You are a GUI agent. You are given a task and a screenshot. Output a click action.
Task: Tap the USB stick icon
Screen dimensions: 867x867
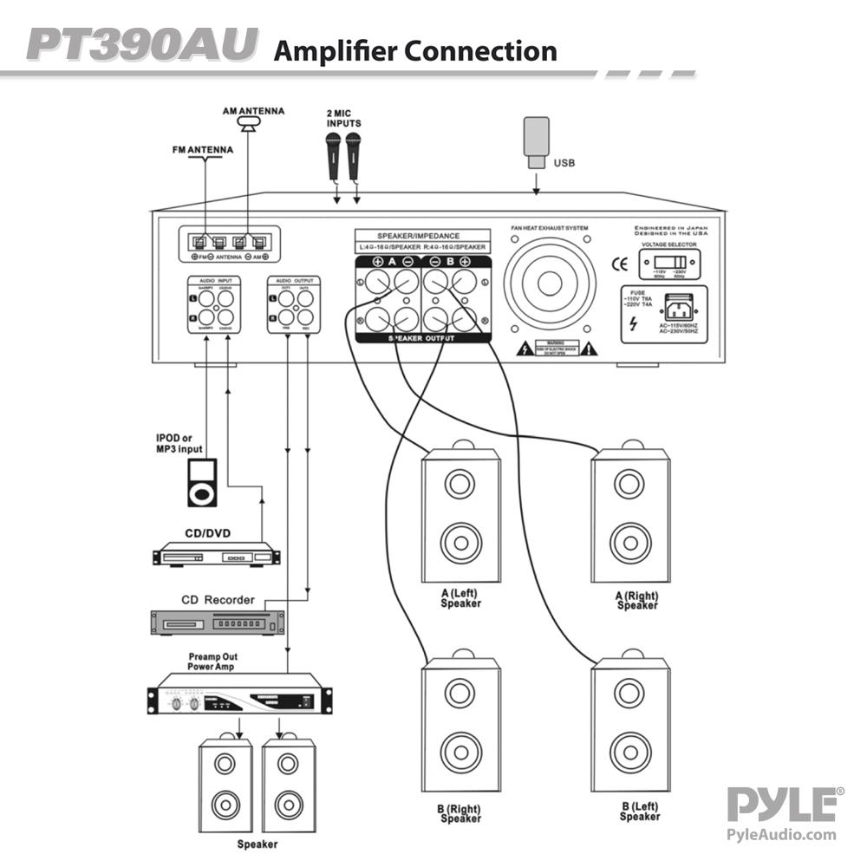(536, 140)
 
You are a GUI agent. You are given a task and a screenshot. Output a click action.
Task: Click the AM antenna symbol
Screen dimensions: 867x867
(251, 127)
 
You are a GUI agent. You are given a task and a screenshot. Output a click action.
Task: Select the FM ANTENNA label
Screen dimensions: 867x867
(202, 149)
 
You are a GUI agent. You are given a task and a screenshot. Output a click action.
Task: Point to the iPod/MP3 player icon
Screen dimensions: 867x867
(200, 483)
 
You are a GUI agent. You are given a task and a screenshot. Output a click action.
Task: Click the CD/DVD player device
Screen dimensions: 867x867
(217, 553)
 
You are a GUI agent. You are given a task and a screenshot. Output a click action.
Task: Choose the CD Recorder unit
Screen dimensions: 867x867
(218, 622)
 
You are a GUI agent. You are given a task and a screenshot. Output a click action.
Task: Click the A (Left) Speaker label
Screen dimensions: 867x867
(460, 598)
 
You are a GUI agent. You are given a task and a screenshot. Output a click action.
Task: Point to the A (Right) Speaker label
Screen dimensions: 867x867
(637, 600)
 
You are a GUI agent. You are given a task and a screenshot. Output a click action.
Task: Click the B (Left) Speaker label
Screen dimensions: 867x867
(640, 812)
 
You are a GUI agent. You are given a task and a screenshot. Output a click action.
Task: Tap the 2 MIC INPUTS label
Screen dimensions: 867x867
(343, 118)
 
